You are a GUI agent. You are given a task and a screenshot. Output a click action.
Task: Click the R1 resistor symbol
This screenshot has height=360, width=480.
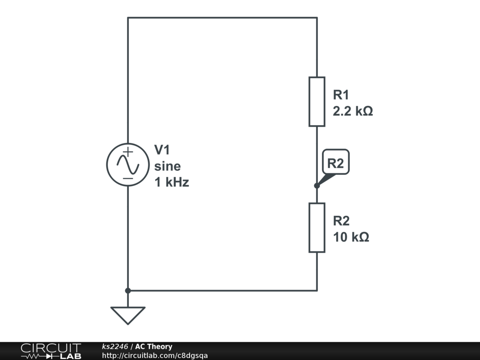317,102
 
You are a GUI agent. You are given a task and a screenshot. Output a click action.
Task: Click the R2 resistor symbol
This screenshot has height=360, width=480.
317,227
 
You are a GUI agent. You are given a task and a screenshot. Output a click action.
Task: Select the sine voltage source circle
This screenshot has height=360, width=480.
127,165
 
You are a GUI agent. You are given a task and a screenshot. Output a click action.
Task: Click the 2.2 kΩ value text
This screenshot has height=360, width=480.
353,112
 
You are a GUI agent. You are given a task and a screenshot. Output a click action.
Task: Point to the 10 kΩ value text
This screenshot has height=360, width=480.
351,237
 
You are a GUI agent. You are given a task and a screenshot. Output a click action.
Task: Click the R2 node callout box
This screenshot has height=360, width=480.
336,163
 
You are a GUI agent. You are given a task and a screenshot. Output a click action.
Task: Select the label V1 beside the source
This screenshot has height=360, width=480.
163,150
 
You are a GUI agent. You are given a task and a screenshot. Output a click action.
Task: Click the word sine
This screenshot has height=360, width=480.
167,166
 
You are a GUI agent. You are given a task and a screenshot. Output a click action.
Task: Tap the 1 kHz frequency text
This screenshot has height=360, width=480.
172,183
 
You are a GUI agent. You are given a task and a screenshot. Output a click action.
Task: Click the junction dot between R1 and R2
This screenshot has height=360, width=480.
317,186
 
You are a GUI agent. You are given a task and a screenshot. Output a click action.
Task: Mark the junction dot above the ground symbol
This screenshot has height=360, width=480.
128,291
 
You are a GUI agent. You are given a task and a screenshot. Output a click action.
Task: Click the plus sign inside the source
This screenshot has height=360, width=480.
128,152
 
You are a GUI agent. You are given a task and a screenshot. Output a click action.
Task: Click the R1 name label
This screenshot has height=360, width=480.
341,95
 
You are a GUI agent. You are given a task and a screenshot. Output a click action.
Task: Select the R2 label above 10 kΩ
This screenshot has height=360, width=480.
341,221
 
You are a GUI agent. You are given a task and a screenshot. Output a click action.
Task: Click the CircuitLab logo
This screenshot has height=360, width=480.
51,351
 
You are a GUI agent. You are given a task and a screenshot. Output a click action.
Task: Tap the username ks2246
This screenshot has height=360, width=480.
115,347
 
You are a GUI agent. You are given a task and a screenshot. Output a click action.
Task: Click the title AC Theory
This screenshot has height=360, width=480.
154,347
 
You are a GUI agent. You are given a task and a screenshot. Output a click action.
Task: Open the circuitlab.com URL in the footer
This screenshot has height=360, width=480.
155,356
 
